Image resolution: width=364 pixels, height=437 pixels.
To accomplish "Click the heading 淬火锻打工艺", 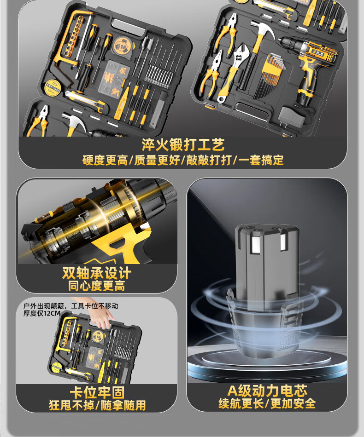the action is point(183,145).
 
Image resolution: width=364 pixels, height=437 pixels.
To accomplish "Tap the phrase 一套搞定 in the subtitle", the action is point(261,160).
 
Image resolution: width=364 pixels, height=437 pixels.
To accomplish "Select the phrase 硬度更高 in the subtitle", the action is point(105,160).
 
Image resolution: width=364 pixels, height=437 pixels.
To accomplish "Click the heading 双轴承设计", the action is point(97,273).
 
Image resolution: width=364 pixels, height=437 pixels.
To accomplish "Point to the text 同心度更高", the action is point(97,286).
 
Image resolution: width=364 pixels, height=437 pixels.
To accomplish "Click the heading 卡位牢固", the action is point(97,392).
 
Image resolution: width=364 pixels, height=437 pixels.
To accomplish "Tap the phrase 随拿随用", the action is point(123,405).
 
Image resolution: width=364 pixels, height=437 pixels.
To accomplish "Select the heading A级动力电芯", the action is point(267,391).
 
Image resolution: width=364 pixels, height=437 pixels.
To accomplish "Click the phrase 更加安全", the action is point(293,403).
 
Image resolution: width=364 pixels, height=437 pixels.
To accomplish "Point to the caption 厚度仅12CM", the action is point(42,313).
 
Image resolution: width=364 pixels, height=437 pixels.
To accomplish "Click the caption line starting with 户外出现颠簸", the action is point(70,306).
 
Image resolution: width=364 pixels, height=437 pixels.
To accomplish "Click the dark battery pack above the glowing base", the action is point(267,290).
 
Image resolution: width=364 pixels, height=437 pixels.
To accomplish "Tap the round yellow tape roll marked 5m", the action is point(53,87).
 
